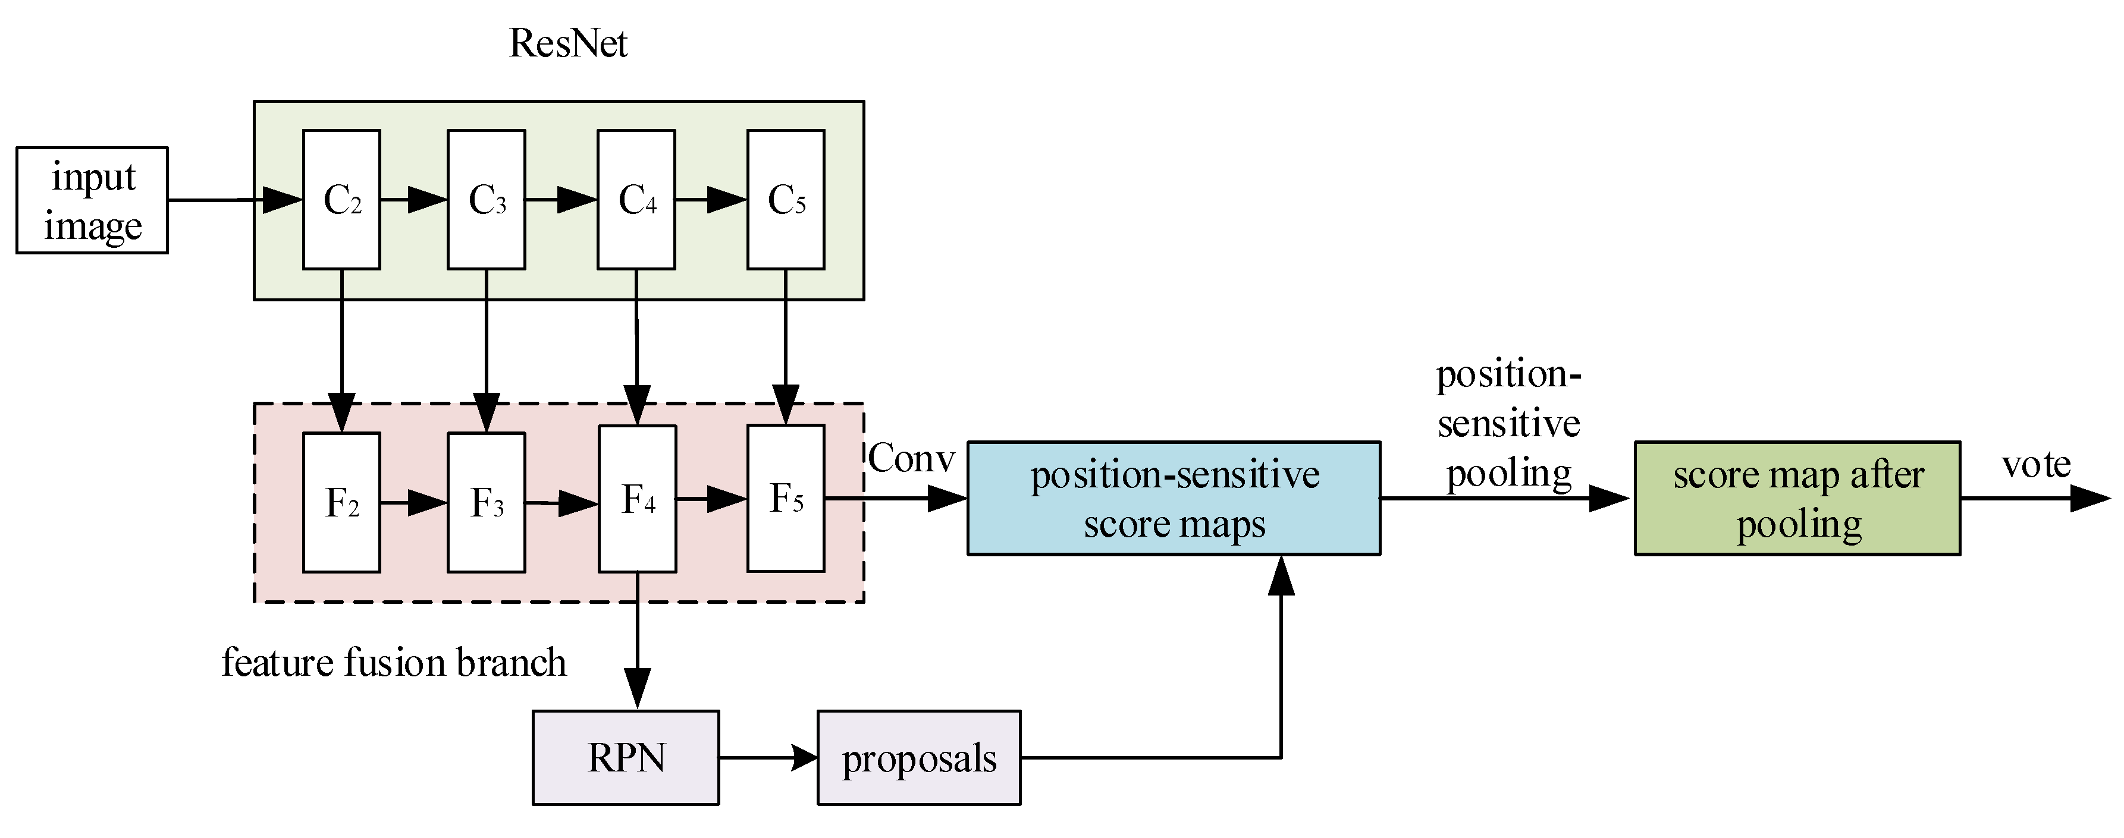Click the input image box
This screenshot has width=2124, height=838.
[x=92, y=200]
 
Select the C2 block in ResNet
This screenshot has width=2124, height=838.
[x=341, y=200]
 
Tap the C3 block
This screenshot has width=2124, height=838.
[x=487, y=200]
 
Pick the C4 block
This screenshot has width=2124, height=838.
[x=636, y=200]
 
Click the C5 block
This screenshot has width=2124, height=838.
[x=786, y=200]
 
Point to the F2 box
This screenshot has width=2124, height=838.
[x=341, y=503]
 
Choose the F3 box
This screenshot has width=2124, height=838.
[x=487, y=503]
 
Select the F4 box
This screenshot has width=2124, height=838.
[x=638, y=499]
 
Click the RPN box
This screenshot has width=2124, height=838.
[x=626, y=757]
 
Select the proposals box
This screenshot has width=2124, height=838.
[x=918, y=757]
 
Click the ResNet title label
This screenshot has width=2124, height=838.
[x=568, y=43]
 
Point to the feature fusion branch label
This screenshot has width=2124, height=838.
[x=394, y=663]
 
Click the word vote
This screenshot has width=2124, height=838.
[x=2036, y=464]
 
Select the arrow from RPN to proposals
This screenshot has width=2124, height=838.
[x=767, y=757]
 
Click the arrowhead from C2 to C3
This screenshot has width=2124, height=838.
[x=426, y=200]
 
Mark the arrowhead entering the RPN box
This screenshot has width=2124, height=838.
[x=638, y=689]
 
